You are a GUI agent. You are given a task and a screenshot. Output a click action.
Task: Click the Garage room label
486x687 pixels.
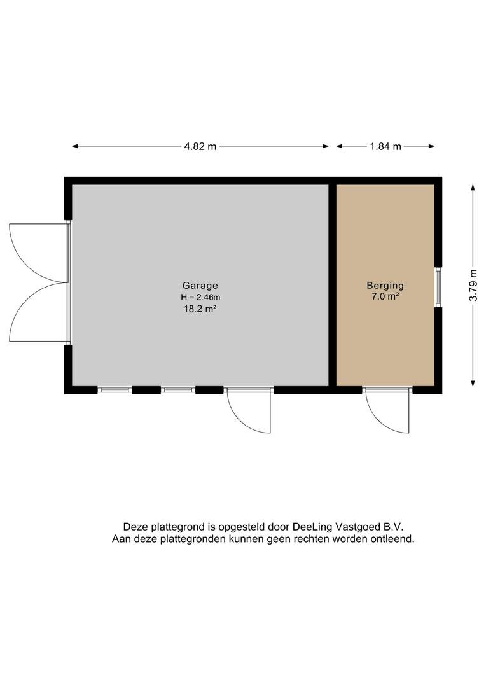click(200, 286)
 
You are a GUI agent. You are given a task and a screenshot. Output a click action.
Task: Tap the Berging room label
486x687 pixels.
click(385, 286)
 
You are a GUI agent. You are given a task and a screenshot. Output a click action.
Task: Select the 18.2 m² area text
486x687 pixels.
click(200, 309)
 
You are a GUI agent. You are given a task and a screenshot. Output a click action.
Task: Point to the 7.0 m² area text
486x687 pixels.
click(385, 296)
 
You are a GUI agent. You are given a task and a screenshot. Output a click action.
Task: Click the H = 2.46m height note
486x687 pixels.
click(200, 297)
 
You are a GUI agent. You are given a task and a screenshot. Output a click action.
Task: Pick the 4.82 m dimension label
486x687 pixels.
click(200, 147)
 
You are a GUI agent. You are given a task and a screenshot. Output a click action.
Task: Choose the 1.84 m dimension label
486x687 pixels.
click(385, 147)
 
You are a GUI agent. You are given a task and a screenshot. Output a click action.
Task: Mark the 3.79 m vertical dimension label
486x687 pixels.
click(473, 285)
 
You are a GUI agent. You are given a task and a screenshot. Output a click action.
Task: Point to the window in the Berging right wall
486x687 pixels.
click(438, 288)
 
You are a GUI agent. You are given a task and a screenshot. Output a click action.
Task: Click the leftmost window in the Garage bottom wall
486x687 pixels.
click(115, 389)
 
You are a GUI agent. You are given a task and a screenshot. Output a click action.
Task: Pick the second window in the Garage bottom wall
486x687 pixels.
click(178, 389)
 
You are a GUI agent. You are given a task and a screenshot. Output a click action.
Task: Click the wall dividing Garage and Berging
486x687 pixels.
click(333, 285)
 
